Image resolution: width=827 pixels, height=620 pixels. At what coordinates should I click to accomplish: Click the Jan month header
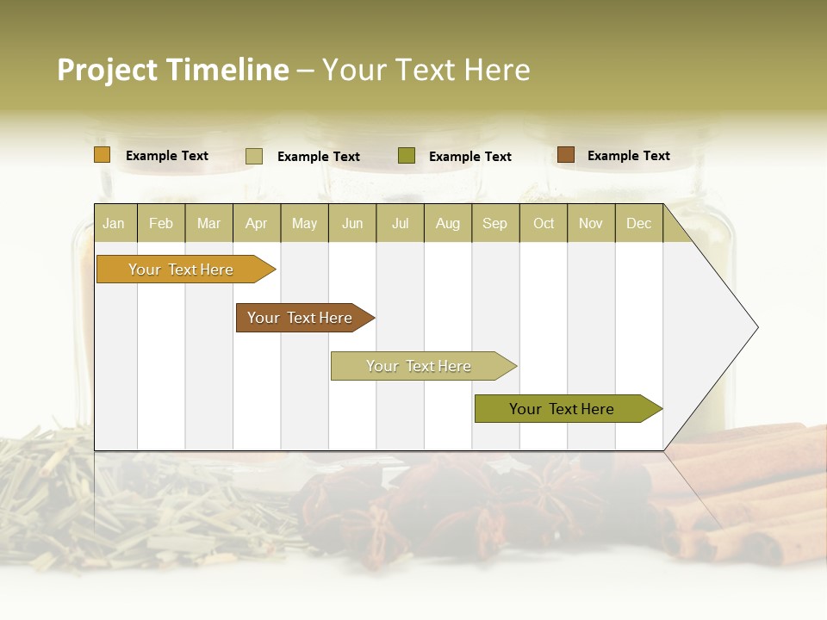coord(114,223)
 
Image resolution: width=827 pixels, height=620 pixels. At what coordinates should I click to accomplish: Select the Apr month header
coord(256,223)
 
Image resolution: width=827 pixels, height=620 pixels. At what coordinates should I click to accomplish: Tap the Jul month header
coord(400,223)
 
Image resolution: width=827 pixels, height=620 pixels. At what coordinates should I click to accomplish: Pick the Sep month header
coord(494,223)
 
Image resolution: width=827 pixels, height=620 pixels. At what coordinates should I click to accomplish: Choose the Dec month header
coord(638,223)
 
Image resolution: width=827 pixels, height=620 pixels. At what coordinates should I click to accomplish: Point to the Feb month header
coord(161,223)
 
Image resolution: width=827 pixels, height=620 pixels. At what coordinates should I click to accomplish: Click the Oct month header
coord(544,223)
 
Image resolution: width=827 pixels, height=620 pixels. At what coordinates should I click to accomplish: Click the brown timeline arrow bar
coord(302,318)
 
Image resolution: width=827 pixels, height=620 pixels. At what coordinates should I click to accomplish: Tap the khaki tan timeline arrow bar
coord(420,366)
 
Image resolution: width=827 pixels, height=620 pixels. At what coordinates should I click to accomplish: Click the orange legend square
coord(103,155)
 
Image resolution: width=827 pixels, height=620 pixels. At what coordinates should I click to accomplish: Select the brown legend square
coord(566,155)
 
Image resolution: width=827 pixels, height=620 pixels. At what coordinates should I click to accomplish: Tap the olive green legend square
coord(407,156)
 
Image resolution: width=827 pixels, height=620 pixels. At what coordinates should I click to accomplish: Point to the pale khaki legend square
coord(254,156)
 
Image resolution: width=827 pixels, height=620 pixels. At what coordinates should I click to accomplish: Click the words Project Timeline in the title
coord(172,70)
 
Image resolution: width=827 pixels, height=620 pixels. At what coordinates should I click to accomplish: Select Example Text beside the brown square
coord(628,156)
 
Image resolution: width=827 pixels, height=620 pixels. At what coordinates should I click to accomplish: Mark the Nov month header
coord(590,223)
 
